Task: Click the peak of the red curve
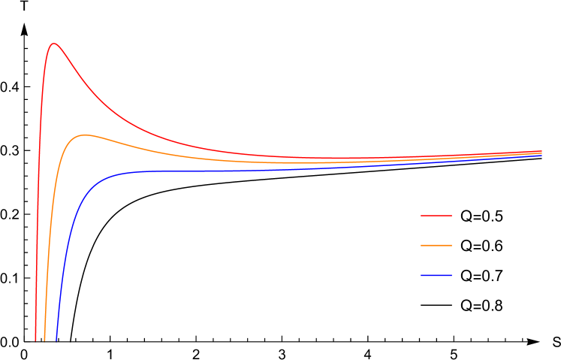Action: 53,44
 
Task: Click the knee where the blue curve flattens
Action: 113,175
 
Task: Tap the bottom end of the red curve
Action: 35,340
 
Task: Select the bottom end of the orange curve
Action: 45,340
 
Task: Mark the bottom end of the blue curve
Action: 56,340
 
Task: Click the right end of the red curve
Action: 541,150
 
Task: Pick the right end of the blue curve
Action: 541,155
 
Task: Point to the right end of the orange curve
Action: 541,153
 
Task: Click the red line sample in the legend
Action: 436,216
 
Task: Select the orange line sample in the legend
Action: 436,246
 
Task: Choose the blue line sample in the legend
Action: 436,276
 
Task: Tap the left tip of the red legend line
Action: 421,216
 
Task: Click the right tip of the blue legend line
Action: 451,276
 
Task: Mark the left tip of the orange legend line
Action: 421,246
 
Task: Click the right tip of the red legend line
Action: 451,216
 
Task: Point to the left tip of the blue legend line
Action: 421,276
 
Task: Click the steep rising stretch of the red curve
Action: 39,188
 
